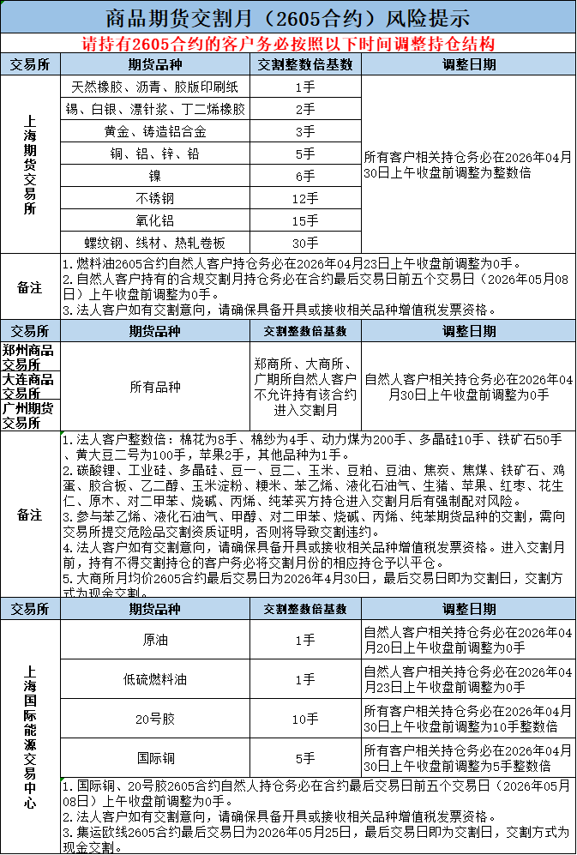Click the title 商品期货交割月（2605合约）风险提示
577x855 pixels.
pyautogui.click(x=288, y=16)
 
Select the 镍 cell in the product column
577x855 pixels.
pyautogui.click(x=155, y=177)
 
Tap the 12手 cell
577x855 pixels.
pyautogui.click(x=305, y=199)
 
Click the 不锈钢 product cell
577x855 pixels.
pyautogui.click(x=155, y=199)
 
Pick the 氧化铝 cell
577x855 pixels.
pyautogui.click(x=155, y=221)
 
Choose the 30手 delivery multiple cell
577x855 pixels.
pyautogui.click(x=305, y=244)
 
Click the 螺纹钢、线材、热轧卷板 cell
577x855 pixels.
pyautogui.click(x=155, y=244)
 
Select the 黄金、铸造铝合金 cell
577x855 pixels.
pyautogui.click(x=155, y=132)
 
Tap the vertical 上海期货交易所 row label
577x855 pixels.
pyautogui.click(x=31, y=165)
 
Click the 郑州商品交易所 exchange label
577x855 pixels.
pyautogui.click(x=31, y=358)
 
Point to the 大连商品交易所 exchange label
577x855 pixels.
pyautogui.click(x=31, y=386)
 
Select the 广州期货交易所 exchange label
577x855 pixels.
pyautogui.click(x=31, y=415)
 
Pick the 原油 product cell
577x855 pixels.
pyautogui.click(x=155, y=640)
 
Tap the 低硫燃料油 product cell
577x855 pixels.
pyautogui.click(x=155, y=679)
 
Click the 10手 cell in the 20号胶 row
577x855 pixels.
pyautogui.click(x=305, y=719)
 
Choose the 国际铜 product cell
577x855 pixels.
pyautogui.click(x=155, y=758)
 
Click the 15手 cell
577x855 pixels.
pyautogui.click(x=305, y=221)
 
